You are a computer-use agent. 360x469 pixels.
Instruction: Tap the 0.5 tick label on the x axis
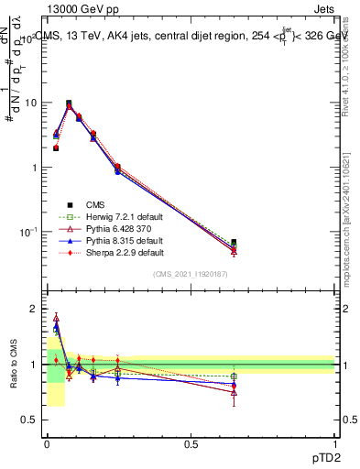point(191,444)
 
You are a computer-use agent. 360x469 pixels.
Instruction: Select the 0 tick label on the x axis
point(47,444)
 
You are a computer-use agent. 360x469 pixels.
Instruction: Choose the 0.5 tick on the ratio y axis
point(30,420)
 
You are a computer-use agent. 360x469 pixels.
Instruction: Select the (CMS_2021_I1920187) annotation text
point(191,275)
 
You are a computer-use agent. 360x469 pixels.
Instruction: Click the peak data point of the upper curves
point(69,104)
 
